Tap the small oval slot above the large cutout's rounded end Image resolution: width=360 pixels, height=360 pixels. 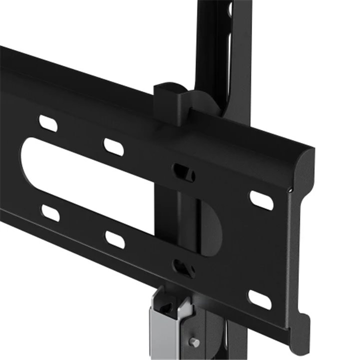(48, 123)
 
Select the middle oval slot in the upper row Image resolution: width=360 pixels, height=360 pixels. (113, 146)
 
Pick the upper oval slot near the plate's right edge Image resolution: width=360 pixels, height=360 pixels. (261, 200)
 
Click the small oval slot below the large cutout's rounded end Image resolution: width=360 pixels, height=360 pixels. (50, 212)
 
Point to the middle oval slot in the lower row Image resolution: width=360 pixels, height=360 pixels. (114, 239)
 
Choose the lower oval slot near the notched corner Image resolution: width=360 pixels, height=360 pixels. (260, 299)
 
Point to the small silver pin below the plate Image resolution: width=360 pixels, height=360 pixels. (195, 342)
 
